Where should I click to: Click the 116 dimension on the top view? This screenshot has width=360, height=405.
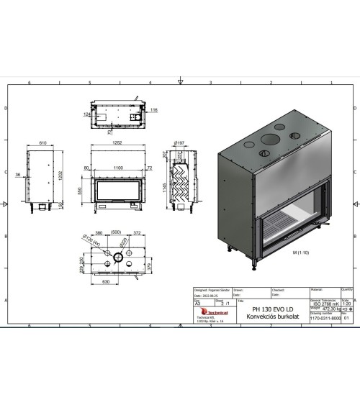click(153, 110)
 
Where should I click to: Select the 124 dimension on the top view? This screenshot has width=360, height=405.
click(86, 114)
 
